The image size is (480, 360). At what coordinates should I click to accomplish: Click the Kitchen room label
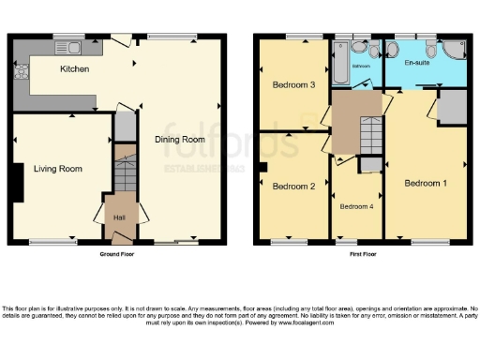click(x=74, y=69)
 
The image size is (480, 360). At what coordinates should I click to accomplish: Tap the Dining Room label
click(x=179, y=140)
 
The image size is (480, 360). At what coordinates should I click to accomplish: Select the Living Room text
click(x=58, y=170)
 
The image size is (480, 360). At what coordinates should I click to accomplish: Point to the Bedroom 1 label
click(x=426, y=183)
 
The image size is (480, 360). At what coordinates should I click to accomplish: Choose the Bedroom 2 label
click(x=292, y=186)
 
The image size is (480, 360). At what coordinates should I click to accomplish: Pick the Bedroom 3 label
click(x=292, y=85)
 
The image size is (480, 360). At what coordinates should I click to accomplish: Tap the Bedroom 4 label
click(x=357, y=206)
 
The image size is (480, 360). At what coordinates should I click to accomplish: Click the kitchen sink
click(x=70, y=47)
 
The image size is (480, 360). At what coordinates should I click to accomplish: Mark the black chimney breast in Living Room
click(x=17, y=183)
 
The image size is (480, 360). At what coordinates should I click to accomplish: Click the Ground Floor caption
click(x=118, y=254)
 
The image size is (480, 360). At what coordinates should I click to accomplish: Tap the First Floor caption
click(x=362, y=254)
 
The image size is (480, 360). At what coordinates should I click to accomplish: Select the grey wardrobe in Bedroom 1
click(x=451, y=108)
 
